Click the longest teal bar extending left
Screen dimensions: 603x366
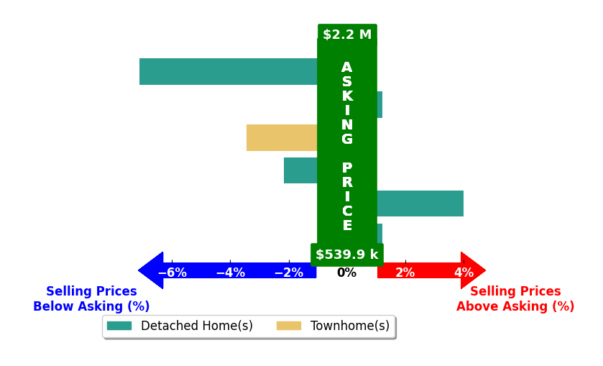[229, 72]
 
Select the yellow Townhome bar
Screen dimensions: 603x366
[282, 138]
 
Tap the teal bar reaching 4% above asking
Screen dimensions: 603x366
[420, 203]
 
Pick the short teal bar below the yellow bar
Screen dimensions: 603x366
[300, 170]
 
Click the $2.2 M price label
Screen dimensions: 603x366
[347, 35]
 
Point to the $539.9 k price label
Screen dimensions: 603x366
[347, 255]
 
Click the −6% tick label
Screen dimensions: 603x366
[172, 273]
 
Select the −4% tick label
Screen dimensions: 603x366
[231, 273]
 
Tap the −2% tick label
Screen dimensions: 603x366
[289, 273]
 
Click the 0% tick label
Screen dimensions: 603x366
[347, 273]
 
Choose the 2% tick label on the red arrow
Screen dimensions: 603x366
[405, 273]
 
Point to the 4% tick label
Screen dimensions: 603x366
[464, 273]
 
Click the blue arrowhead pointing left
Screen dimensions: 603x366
[151, 270]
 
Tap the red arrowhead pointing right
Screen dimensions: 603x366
[474, 270]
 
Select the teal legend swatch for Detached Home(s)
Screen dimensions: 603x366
[119, 326]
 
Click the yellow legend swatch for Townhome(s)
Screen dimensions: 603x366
[289, 326]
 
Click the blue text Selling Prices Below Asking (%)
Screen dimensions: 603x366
[91, 298]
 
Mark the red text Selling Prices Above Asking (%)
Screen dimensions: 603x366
[515, 298]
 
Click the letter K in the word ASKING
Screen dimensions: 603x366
[347, 96]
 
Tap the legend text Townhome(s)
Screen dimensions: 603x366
[350, 326]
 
